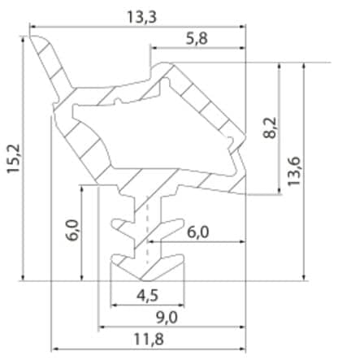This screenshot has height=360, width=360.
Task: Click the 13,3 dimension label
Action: coord(141,17)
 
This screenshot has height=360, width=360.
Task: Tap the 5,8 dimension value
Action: coord(197,39)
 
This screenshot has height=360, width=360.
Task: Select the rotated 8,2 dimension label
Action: coord(270,128)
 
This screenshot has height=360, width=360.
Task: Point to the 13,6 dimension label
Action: coord(294,171)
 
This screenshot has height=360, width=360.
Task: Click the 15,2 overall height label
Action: coord(13,158)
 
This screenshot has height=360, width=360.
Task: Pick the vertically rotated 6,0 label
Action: coord(72,230)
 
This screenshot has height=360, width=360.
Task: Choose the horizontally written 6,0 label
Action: coord(198,232)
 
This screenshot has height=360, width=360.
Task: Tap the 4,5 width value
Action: coord(147,295)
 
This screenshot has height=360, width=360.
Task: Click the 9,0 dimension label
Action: coord(167,317)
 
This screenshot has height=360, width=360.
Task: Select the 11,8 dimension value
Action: coord(149,339)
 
